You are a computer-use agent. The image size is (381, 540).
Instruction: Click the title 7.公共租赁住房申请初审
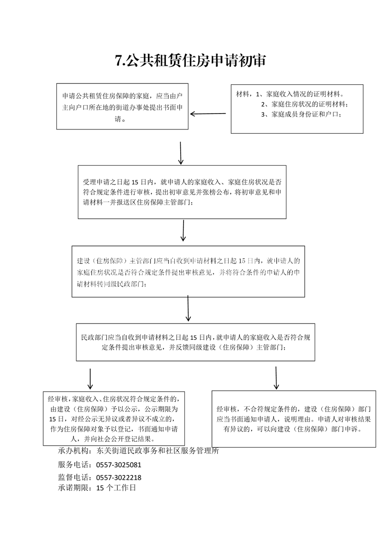(x=190, y=61)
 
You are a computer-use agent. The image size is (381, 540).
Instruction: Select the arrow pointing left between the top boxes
(x=208, y=114)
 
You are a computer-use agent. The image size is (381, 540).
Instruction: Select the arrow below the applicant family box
(x=181, y=153)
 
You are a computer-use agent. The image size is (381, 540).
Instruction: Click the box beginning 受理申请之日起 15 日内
(x=182, y=192)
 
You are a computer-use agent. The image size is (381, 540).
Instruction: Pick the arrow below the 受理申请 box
(x=183, y=231)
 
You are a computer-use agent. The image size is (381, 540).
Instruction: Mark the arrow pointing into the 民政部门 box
(x=188, y=308)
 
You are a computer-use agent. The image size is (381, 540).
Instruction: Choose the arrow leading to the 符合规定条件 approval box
(x=90, y=379)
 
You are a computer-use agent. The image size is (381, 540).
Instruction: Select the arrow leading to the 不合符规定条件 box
(x=276, y=378)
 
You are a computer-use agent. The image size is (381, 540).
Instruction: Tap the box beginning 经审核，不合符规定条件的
(x=294, y=417)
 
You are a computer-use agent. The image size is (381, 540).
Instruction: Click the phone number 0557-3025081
(x=119, y=465)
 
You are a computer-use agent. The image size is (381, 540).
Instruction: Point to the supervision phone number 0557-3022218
(x=119, y=478)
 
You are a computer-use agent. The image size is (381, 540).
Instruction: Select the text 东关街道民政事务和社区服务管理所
(x=158, y=451)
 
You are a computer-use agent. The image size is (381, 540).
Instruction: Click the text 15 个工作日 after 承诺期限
(x=116, y=488)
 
